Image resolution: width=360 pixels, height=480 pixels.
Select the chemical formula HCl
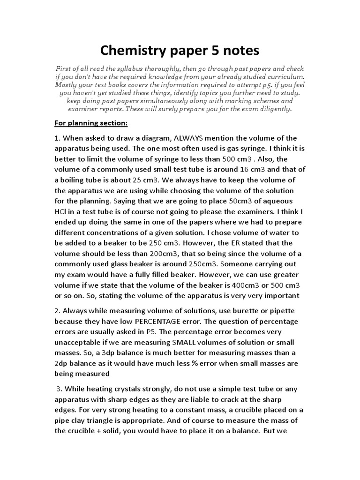click(x=61, y=212)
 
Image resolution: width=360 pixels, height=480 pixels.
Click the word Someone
click(x=250, y=264)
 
